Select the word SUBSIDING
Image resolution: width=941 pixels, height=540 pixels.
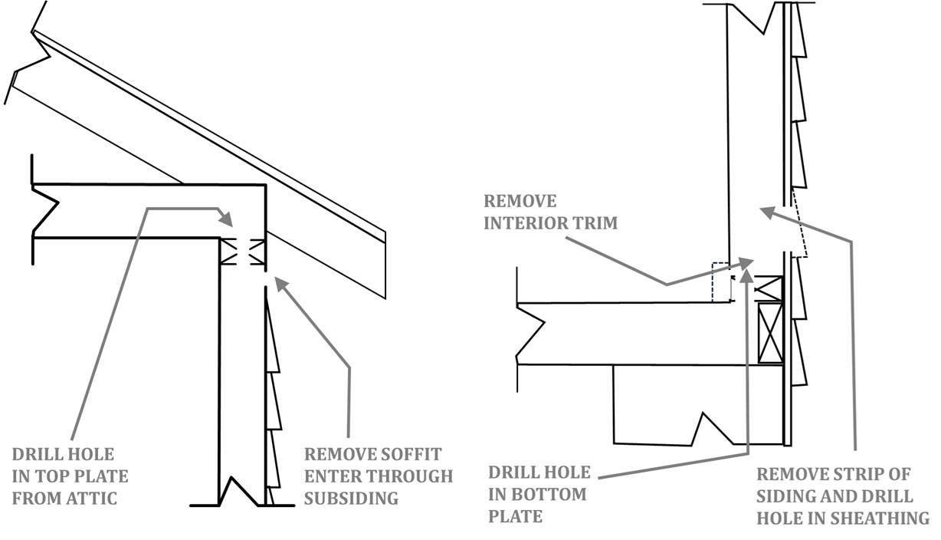(352, 499)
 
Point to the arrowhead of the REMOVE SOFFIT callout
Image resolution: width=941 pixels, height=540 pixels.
(281, 285)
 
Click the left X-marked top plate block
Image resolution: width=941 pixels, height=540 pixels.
(229, 252)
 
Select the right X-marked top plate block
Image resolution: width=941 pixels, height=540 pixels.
(257, 252)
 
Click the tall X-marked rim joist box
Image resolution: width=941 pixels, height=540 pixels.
(770, 333)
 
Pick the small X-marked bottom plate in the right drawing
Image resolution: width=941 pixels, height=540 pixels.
(769, 288)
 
